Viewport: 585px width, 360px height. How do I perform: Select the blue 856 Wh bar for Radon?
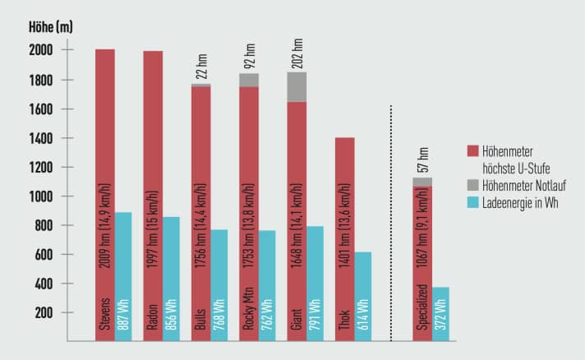tap(171, 279)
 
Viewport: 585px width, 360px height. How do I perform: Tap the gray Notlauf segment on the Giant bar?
tap(297, 87)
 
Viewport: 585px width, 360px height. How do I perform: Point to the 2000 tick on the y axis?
tap(41, 51)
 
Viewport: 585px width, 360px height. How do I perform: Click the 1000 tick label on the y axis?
tap(41, 196)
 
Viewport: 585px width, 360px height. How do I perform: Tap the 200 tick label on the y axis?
tap(44, 313)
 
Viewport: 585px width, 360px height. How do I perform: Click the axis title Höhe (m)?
tap(51, 28)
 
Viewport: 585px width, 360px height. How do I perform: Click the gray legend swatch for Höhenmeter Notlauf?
tap(472, 187)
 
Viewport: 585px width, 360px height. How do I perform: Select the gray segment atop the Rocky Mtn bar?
tap(249, 80)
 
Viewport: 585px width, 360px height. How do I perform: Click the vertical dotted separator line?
tap(391, 222)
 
